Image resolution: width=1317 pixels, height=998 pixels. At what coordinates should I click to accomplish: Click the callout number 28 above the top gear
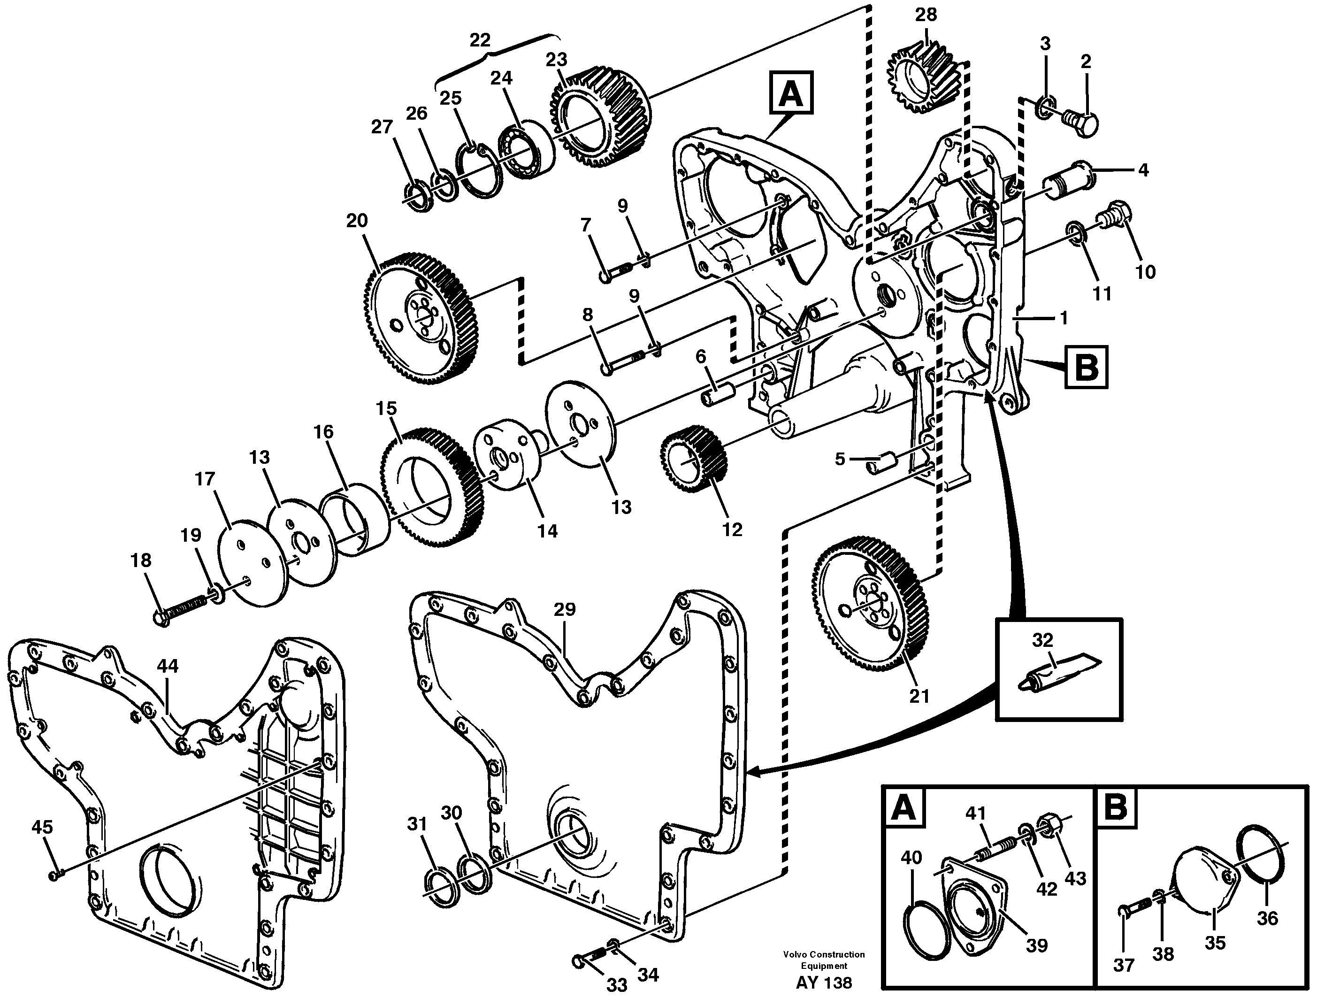[x=926, y=15]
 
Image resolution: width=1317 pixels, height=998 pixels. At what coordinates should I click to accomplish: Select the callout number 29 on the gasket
[x=565, y=609]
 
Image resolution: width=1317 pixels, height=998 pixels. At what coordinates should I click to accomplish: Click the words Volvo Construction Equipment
[x=823, y=960]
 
